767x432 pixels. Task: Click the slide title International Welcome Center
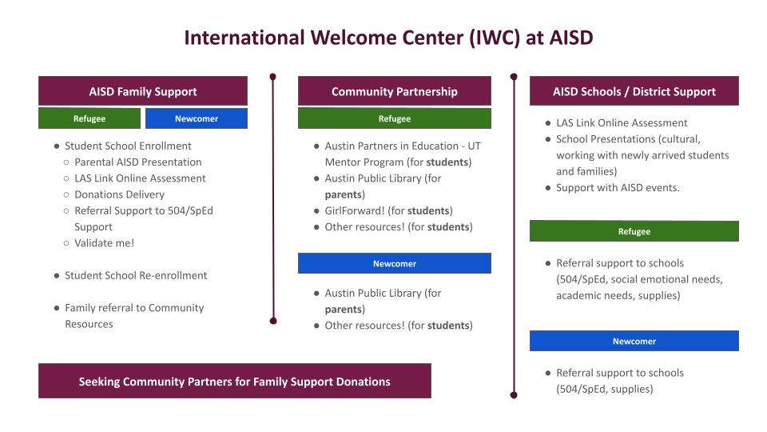tap(388, 38)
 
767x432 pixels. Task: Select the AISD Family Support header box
tap(143, 91)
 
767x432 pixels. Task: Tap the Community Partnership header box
tap(395, 91)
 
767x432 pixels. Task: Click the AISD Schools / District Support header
tap(634, 91)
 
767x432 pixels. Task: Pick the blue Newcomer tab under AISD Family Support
tap(197, 118)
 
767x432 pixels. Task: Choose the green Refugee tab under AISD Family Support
tap(89, 118)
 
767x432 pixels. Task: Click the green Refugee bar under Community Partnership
tap(395, 118)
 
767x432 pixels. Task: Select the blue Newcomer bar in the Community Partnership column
tap(395, 263)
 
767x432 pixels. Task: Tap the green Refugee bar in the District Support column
tap(634, 231)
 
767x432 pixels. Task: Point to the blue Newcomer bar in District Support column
tap(634, 341)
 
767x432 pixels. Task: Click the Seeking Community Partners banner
tap(234, 381)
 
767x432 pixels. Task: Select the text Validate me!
tap(105, 242)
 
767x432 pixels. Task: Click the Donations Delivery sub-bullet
tap(119, 194)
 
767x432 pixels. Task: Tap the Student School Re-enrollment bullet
tap(135, 275)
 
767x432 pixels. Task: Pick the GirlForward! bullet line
tap(388, 210)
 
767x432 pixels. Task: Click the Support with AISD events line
tap(618, 187)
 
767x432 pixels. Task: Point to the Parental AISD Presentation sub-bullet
tap(137, 162)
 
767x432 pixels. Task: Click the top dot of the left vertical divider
tap(273, 78)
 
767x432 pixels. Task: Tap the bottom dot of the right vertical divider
tap(514, 394)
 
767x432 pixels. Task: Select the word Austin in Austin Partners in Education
tap(341, 146)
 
